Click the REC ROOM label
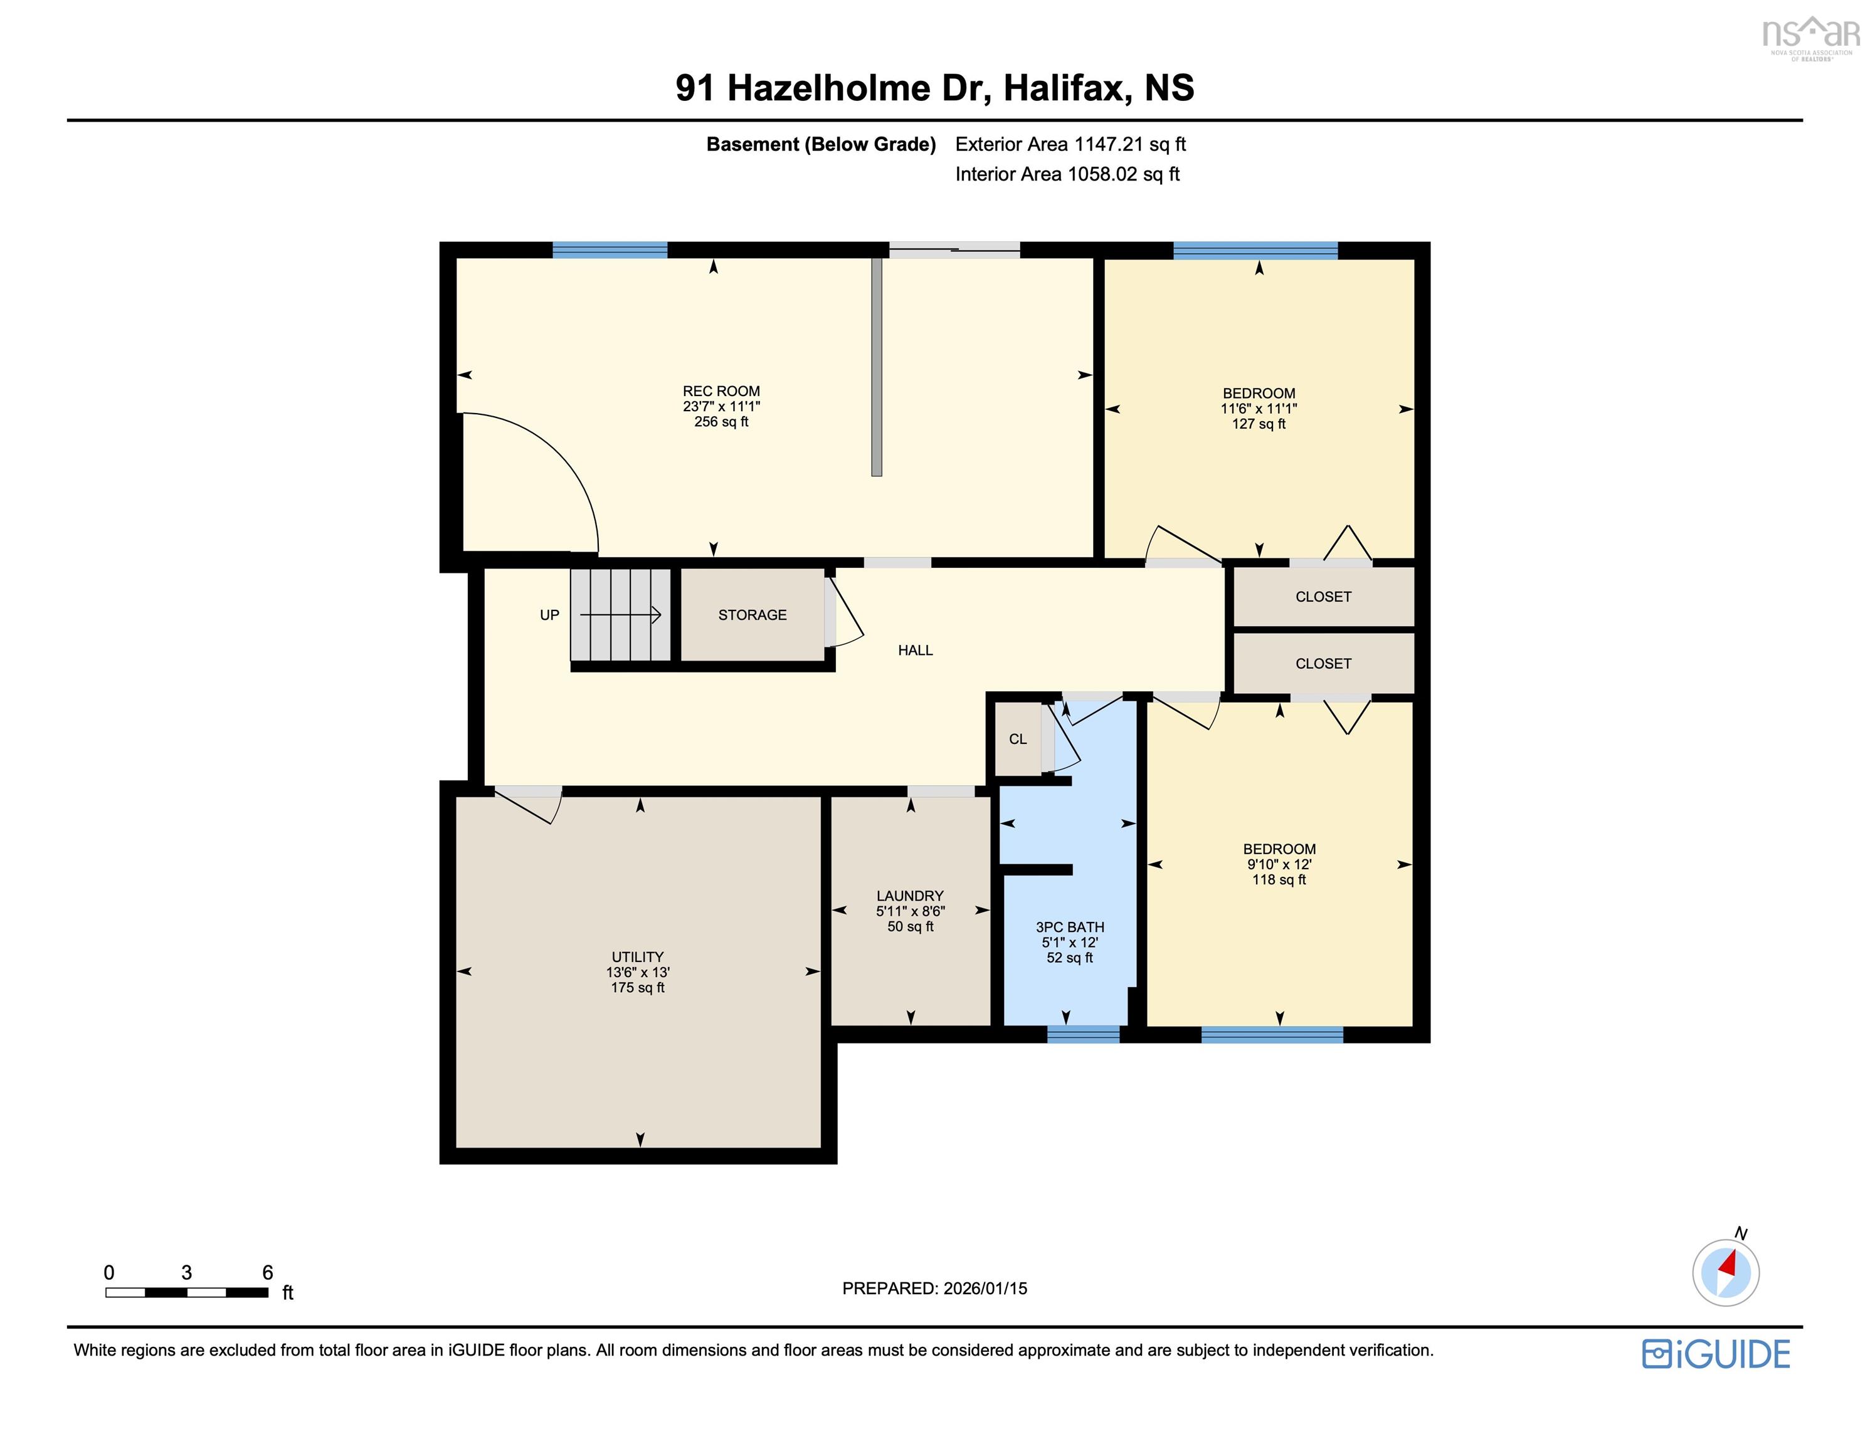point(721,391)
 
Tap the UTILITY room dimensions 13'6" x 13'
point(637,972)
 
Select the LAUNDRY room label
point(909,896)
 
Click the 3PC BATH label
point(1069,927)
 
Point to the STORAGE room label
point(752,615)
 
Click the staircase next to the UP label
point(621,615)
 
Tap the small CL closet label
point(1017,739)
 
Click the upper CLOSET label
point(1323,597)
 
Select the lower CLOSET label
point(1323,663)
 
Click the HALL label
point(914,651)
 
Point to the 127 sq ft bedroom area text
point(1258,424)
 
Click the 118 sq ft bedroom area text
point(1279,879)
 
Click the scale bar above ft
point(187,1292)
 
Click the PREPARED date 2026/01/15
point(934,1288)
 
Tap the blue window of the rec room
point(610,250)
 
